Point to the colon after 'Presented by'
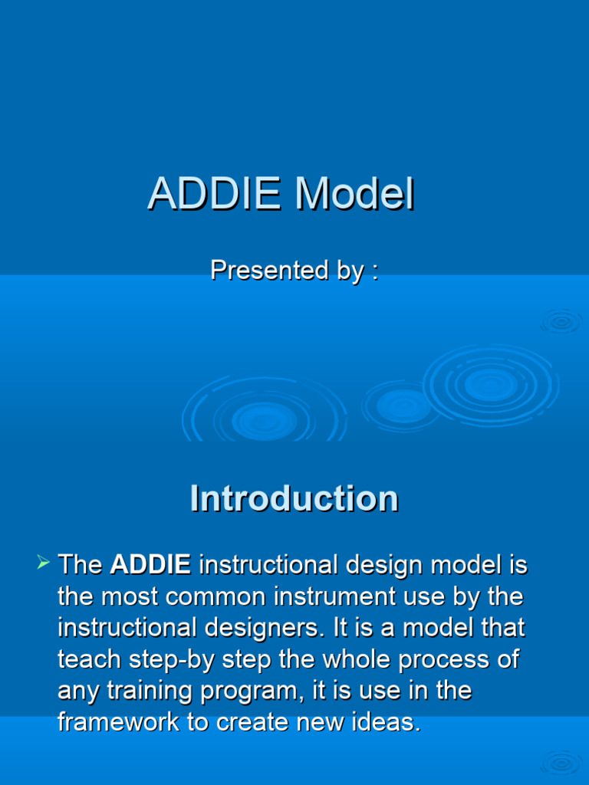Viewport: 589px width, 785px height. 374,271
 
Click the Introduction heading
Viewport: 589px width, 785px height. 294,498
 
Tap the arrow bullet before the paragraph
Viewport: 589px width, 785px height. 43,565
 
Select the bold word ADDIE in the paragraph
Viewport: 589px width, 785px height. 150,565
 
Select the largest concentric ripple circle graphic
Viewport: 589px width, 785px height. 491,386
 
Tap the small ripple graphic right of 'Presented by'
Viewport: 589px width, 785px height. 561,321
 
